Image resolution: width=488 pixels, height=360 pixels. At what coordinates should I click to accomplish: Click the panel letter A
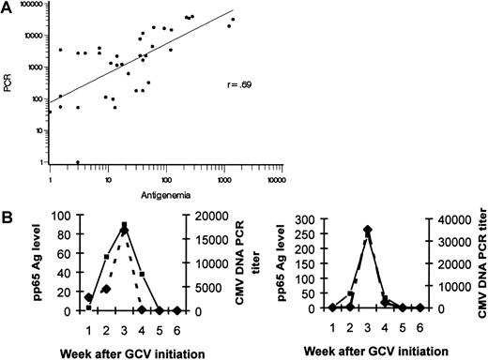8,8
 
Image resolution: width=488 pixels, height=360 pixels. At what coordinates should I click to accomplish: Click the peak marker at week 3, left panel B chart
124,225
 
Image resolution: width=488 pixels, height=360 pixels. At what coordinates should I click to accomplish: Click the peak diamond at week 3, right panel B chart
368,229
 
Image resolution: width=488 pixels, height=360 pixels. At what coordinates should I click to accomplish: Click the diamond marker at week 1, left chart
88,297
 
